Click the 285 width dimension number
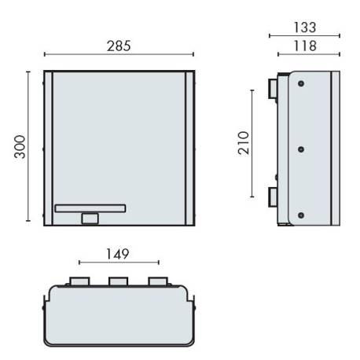click(x=118, y=46)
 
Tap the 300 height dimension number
click(x=19, y=147)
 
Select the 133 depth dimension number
click(x=304, y=27)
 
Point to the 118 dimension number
click(x=304, y=46)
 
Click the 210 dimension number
click(x=243, y=144)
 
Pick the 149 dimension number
click(x=118, y=254)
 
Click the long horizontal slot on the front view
click(x=90, y=208)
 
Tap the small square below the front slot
click(x=90, y=219)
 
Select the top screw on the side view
click(x=302, y=84)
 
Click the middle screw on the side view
click(x=302, y=147)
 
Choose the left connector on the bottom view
click(x=79, y=281)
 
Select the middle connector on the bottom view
click(x=118, y=281)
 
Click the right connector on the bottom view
click(x=157, y=281)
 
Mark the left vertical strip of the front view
click(x=48, y=147)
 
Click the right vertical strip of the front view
click(x=189, y=147)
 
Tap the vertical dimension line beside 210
click(x=252, y=144)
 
